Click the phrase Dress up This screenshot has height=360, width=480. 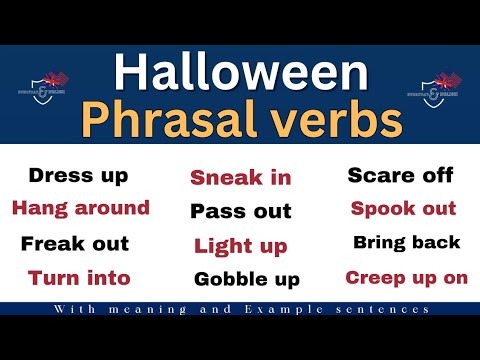tap(79, 176)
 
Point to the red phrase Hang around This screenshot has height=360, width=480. tap(80, 208)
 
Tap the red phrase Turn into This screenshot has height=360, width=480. tap(79, 277)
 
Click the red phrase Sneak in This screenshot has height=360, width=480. tap(241, 178)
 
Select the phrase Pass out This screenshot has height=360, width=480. tap(241, 211)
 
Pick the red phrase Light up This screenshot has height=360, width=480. tap(241, 245)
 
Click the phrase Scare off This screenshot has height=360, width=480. tap(400, 176)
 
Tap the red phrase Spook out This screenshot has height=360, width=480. tap(403, 209)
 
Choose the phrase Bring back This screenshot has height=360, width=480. tap(406, 243)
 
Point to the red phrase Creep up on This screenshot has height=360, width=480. tap(406, 277)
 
